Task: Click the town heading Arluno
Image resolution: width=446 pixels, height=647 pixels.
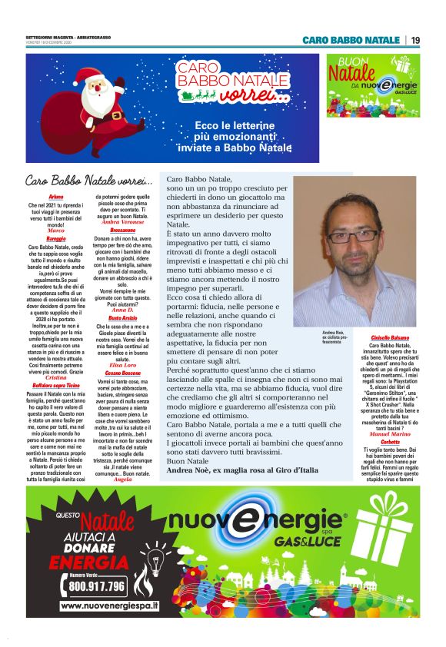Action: point(56,197)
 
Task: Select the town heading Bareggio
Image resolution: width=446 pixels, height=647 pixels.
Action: point(56,239)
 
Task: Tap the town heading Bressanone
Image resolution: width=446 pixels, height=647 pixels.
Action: point(122,230)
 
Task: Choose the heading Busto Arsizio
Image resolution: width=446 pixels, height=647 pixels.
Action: point(122,317)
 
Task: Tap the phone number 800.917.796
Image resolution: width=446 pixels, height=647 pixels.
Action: point(97,586)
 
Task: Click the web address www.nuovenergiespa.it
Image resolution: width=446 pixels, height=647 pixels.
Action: point(108,606)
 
